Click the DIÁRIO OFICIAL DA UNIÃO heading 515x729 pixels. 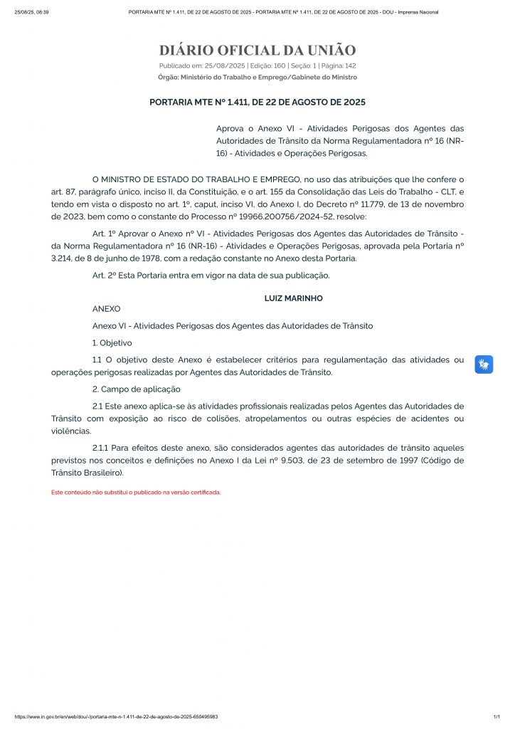coord(257,51)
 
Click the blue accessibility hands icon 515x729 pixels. coord(484,364)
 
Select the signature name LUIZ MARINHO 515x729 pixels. coord(293,298)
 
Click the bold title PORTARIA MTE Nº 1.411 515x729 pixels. coord(257,103)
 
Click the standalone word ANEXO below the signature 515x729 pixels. coord(107,309)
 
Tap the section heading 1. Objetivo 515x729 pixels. coord(112,343)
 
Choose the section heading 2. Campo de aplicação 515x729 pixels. coord(137,389)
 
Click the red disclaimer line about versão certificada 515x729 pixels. coord(136,492)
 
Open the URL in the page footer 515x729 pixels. coord(117,717)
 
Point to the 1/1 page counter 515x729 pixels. coord(497,717)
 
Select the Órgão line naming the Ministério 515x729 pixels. coord(257,77)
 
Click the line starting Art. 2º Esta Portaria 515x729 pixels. coord(211,276)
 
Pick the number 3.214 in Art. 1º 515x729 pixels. coord(63,258)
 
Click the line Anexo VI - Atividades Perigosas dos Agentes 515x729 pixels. coord(233,325)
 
